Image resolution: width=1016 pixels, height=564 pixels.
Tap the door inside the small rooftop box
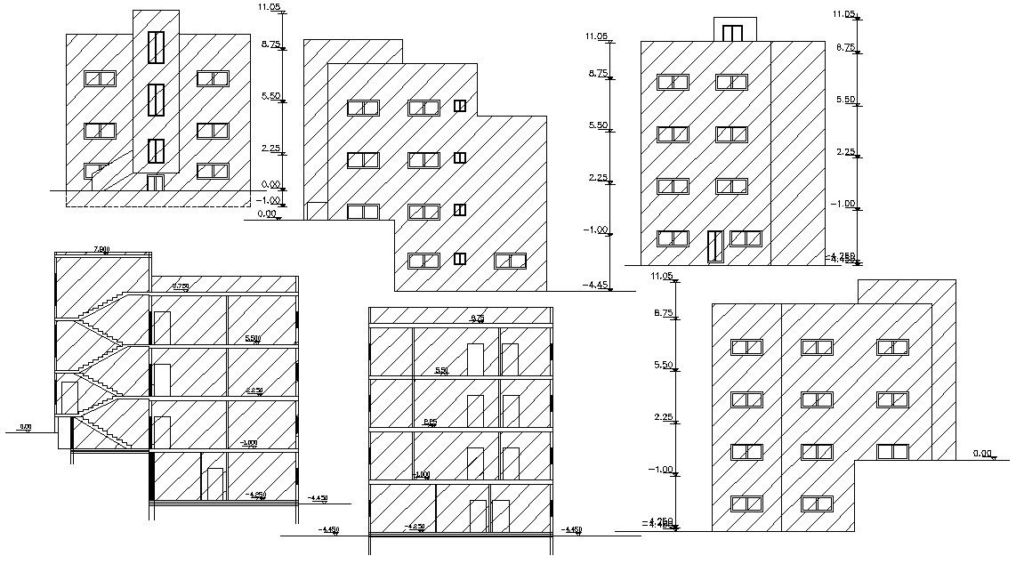click(x=732, y=34)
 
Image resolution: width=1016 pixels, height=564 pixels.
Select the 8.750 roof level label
click(x=180, y=286)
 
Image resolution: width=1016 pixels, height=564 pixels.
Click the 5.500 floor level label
click(x=253, y=339)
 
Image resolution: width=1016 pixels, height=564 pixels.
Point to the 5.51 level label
click(x=441, y=371)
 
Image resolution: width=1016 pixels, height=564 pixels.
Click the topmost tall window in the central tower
click(x=157, y=46)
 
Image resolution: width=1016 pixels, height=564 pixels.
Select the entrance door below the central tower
click(x=156, y=182)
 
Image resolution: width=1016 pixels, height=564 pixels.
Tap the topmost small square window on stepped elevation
click(x=460, y=106)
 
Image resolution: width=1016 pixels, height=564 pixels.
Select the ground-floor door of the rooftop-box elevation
click(x=714, y=246)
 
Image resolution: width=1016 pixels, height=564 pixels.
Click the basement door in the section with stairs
click(x=214, y=484)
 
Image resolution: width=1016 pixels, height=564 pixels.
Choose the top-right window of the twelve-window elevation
click(x=892, y=348)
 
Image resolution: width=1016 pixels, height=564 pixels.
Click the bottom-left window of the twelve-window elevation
click(x=746, y=504)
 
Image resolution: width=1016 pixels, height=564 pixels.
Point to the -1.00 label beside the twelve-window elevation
click(x=661, y=469)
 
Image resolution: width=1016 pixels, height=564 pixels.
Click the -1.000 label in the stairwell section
click(x=248, y=442)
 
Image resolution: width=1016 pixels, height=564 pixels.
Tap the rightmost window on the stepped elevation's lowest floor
click(x=510, y=261)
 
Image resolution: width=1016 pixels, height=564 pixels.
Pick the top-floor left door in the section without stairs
click(x=475, y=358)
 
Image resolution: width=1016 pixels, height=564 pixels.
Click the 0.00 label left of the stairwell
click(x=25, y=427)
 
